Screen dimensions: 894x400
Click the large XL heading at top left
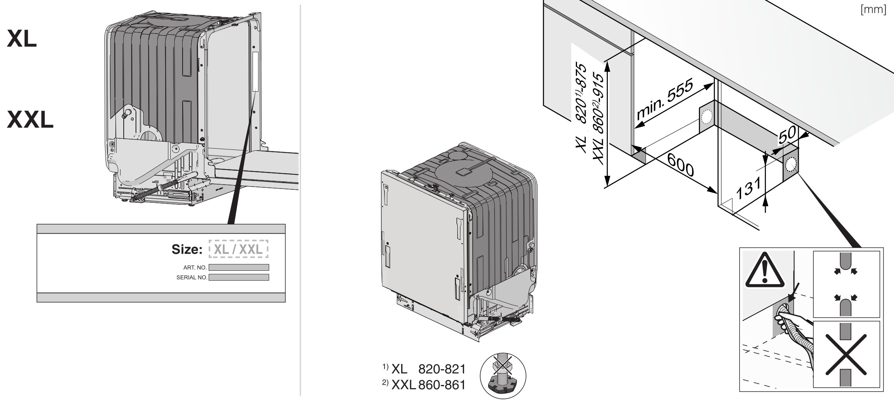coord(22,39)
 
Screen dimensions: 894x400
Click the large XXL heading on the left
coord(30,120)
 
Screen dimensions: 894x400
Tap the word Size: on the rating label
coord(187,249)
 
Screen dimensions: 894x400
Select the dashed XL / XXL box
coord(238,249)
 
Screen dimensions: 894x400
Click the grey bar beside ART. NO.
coord(239,268)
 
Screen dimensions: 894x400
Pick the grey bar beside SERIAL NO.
coord(239,277)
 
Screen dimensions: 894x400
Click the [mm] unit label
coord(873,9)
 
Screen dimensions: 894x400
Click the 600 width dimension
coord(680,165)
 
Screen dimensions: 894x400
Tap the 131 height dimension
coord(748,188)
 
